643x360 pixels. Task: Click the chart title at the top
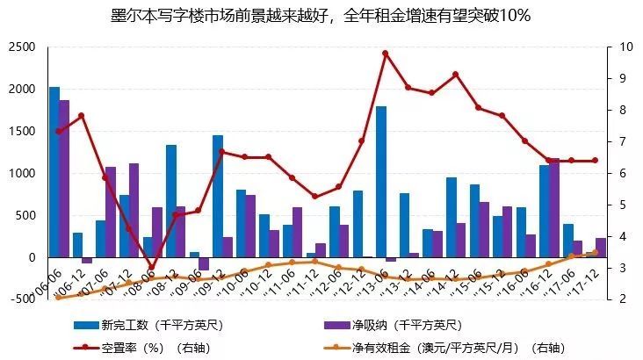coord(321,16)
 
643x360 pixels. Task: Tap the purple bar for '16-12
coord(554,208)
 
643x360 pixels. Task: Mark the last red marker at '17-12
coord(595,161)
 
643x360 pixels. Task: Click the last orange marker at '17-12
coord(595,253)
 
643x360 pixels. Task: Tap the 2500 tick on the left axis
coord(20,47)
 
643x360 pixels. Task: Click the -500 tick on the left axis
coord(18,299)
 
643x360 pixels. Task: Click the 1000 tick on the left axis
coord(20,173)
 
